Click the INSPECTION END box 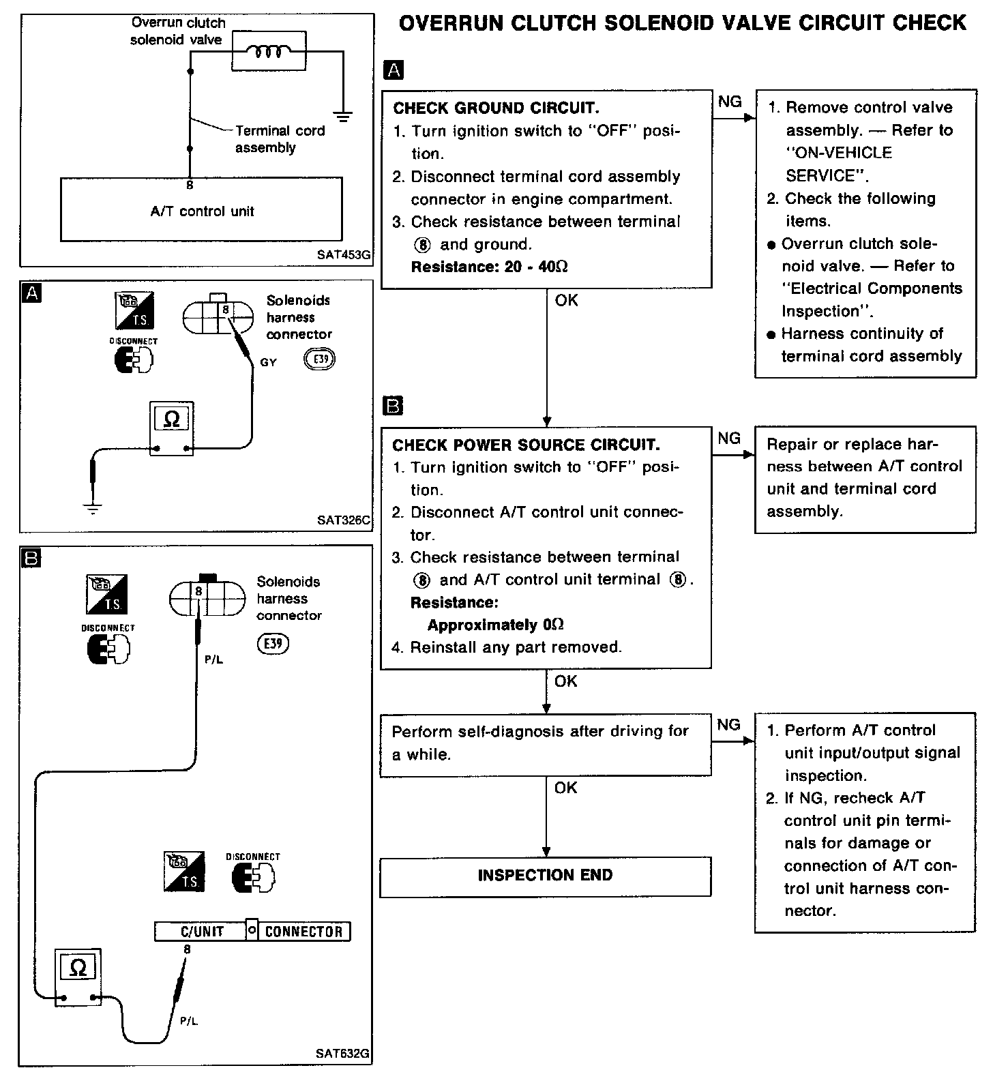545,876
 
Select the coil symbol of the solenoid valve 269,51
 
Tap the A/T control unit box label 202,211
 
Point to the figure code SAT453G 344,255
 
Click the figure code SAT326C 344,520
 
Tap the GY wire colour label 269,363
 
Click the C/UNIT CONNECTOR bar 252,932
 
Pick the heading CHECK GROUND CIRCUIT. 496,108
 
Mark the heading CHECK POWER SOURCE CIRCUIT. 526,445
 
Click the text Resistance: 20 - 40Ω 489,267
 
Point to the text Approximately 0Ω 496,625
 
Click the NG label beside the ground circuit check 730,102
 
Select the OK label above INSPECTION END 565,788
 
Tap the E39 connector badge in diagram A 320,359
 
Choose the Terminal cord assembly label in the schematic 280,139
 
